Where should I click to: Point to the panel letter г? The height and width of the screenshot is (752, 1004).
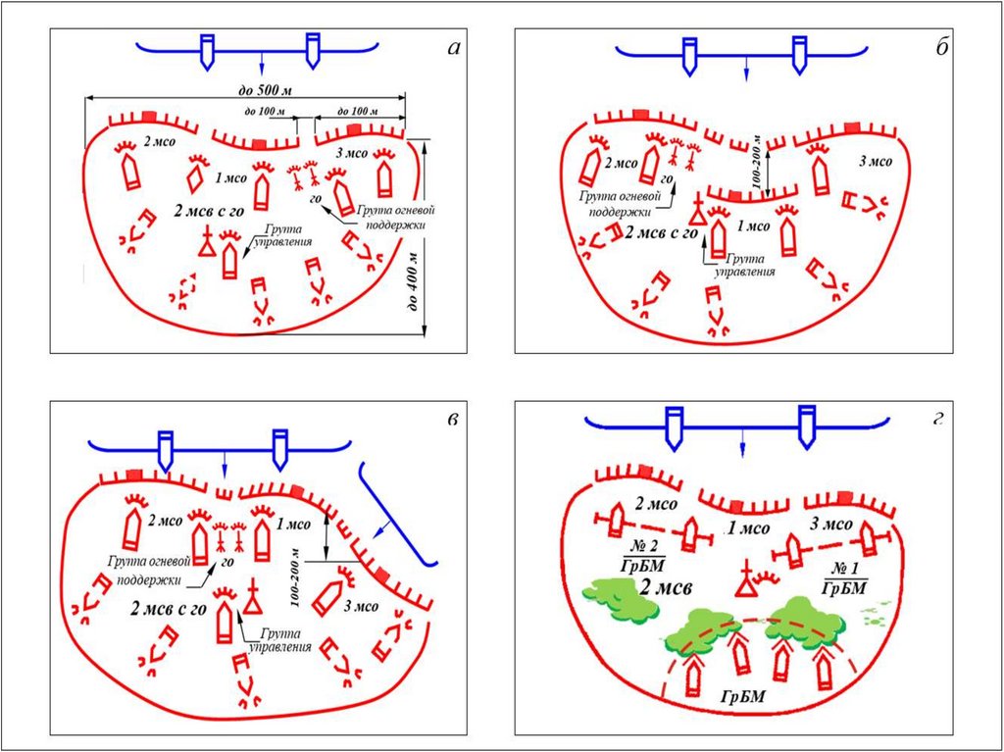click(938, 420)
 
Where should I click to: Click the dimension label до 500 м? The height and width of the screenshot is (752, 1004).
click(267, 91)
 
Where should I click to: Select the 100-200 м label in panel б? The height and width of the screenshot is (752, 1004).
click(756, 157)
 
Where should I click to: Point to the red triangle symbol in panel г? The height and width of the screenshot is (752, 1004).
click(747, 585)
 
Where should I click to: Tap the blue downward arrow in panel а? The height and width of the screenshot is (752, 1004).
click(262, 62)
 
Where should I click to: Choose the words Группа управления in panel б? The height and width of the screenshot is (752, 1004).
click(737, 266)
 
